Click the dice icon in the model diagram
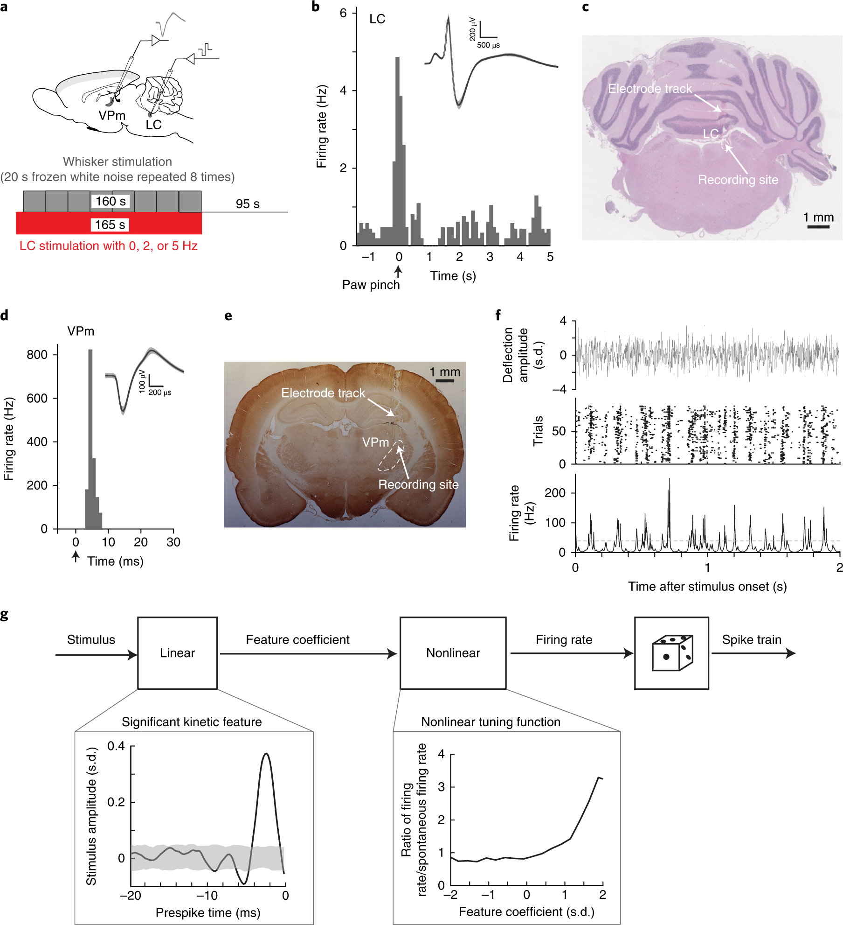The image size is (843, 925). pos(672,653)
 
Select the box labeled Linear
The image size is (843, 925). pos(177,653)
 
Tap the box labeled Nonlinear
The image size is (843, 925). pos(453,653)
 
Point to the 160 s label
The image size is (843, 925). pos(111,202)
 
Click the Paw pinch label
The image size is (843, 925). pos(371,285)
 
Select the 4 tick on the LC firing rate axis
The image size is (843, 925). pos(344,91)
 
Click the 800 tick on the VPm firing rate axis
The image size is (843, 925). pos(37,355)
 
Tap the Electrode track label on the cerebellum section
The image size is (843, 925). pos(650,89)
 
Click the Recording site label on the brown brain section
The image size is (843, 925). pos(418,484)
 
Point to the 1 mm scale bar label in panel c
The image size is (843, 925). pos(818,217)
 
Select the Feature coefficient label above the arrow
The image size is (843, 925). pos(297,640)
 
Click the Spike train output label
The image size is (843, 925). pos(752,640)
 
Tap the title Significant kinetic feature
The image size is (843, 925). pos(192,722)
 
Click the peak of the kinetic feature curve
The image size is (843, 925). pos(266,754)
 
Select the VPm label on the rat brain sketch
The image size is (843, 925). pos(112,115)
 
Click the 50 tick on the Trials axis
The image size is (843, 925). pos(559,431)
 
